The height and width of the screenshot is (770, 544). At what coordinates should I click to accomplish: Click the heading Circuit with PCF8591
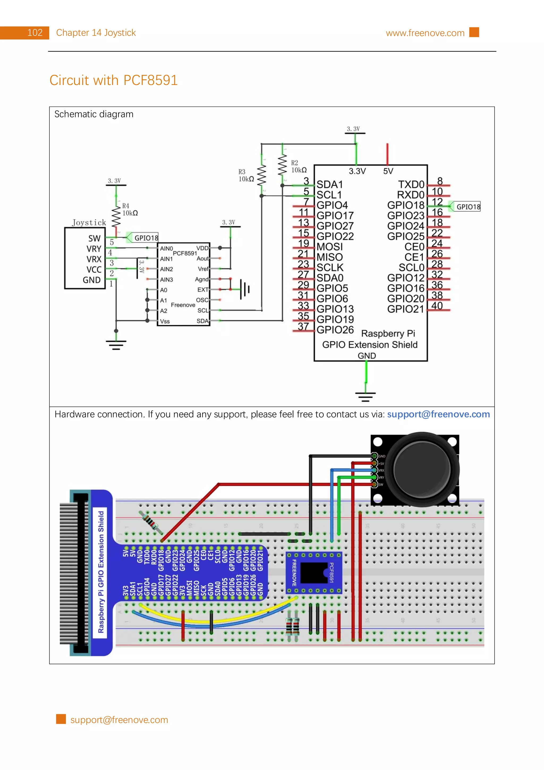pyautogui.click(x=113, y=80)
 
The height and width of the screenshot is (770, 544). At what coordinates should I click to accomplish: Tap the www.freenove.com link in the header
pyautogui.click(x=425, y=33)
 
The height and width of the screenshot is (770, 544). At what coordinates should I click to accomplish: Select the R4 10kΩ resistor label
pyautogui.click(x=130, y=210)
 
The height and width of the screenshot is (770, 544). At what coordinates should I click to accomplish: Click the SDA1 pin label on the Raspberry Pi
pyautogui.click(x=329, y=184)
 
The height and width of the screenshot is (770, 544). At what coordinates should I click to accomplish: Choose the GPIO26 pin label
pyautogui.click(x=335, y=330)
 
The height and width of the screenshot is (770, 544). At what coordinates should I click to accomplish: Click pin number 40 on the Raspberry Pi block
pyautogui.click(x=437, y=306)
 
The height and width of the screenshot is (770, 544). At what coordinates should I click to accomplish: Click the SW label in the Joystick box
pyautogui.click(x=94, y=238)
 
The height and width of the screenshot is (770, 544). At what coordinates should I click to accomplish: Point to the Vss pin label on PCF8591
pyautogui.click(x=165, y=321)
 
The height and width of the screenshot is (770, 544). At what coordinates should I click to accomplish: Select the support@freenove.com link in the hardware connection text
pyautogui.click(x=438, y=414)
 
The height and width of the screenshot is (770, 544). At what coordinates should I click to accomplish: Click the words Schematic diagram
pyautogui.click(x=94, y=114)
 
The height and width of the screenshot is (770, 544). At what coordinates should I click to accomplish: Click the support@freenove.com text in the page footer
pyautogui.click(x=119, y=720)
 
